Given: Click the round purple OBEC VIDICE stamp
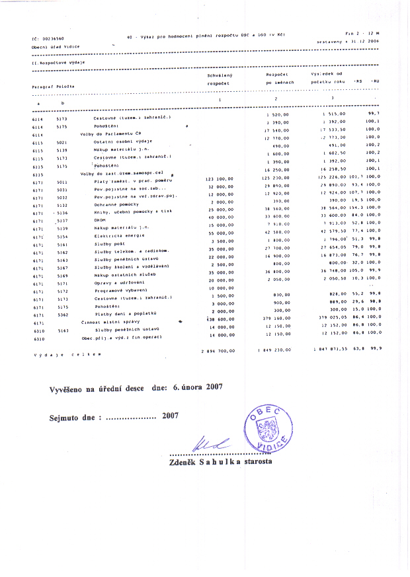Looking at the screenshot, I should (268, 427).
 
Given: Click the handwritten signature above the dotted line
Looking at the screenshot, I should (211, 445).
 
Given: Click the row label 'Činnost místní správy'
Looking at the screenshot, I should (108, 322).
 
